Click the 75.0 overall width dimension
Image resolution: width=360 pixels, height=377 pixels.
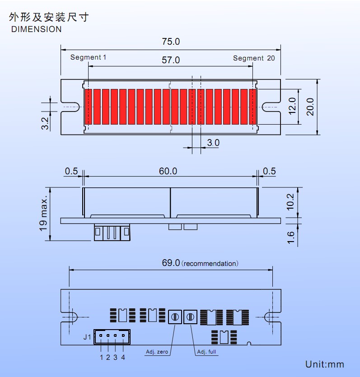coord(171,42)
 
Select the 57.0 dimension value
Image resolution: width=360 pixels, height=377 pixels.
coord(171,60)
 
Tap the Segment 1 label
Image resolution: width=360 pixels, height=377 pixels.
coord(88,57)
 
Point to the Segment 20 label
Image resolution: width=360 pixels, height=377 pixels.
coord(254,58)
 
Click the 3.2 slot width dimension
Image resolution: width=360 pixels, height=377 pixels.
coord(45,124)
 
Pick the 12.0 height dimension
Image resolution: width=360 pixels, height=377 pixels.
coord(292,106)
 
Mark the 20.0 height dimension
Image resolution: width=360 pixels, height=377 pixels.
coord(310,107)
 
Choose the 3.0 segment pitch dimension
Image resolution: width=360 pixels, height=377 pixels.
coord(213,143)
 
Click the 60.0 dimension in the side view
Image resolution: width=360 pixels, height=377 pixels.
coord(168,171)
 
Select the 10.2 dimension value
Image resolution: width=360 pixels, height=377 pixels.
coord(290,202)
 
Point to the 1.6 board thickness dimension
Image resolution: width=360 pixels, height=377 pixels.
coord(290,237)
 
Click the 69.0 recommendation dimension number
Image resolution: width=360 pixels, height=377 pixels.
coord(171,263)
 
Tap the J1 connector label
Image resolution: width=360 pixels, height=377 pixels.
coord(87,337)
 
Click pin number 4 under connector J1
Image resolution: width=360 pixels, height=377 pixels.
coord(123,358)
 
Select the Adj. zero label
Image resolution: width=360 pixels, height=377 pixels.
coord(157,352)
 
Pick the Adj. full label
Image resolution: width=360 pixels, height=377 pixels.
coord(206,352)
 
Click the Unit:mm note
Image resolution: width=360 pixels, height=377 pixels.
coord(325,364)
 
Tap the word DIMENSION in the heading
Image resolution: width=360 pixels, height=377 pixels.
coord(36,29)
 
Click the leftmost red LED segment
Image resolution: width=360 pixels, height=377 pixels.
coord(88,107)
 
